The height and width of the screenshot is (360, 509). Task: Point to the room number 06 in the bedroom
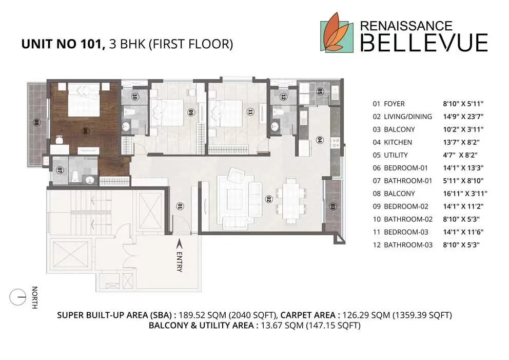click(x=86, y=131)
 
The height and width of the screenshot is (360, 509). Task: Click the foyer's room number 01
click(x=180, y=206)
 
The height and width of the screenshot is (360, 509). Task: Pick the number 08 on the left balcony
click(x=36, y=123)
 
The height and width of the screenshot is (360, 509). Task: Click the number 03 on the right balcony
click(x=332, y=206)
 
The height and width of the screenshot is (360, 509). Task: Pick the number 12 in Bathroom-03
click(x=283, y=97)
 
